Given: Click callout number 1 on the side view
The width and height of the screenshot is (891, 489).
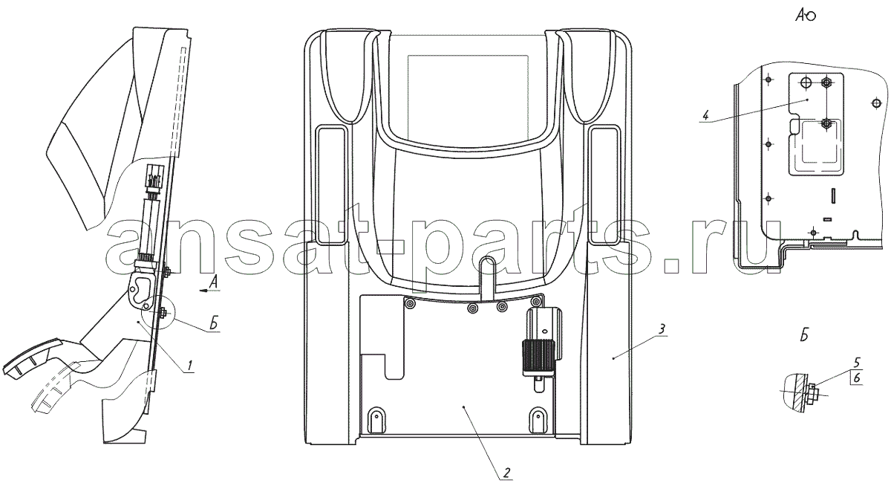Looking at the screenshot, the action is tap(191, 366).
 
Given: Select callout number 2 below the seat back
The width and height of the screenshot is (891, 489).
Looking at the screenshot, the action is tap(506, 473).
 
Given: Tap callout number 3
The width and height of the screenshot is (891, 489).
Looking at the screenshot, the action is tap(662, 330).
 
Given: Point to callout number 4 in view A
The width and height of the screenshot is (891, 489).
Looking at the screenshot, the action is tap(705, 116).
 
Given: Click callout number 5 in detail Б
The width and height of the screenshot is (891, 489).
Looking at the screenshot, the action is tap(856, 363).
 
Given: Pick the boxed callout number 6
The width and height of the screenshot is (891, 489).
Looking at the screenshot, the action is tap(857, 378).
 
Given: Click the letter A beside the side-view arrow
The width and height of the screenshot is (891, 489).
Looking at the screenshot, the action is tap(214, 282).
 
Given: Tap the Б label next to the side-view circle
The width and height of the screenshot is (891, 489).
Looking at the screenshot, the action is tap(214, 324).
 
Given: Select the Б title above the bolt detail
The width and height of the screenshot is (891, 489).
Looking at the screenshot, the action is tap(804, 336).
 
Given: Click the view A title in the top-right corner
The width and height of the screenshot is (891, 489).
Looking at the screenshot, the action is tap(806, 15).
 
